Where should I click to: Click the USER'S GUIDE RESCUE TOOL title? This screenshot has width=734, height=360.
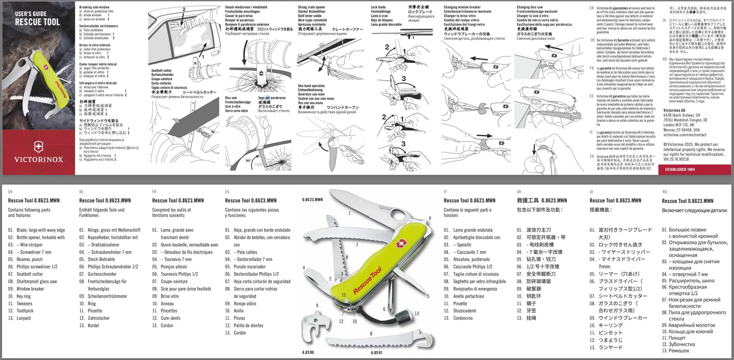[37, 18]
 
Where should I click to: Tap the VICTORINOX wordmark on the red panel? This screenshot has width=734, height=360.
[38, 159]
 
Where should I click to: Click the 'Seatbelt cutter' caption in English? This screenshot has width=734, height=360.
[162, 71]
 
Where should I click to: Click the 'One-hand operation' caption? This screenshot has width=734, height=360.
[311, 86]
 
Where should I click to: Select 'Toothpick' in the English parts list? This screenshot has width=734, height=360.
[25, 311]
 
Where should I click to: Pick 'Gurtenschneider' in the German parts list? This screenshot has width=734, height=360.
[102, 274]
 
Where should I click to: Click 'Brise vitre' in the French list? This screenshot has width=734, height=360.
[170, 296]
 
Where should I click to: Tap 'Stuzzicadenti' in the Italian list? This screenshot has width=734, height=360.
[465, 311]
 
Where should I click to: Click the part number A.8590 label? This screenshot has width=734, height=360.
[308, 352]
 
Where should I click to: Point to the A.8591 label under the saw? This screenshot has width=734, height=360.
[376, 352]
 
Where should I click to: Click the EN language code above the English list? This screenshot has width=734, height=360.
[10, 192]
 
